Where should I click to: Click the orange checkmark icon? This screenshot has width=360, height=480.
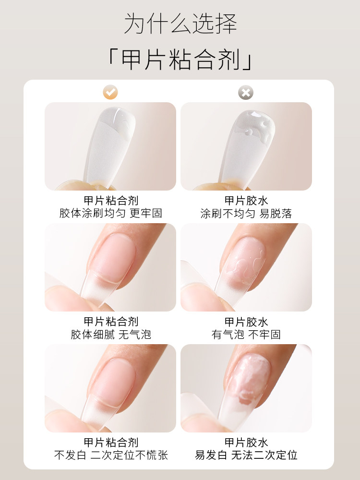pyautogui.click(x=111, y=92)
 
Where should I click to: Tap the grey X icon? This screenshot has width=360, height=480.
pyautogui.click(x=246, y=93)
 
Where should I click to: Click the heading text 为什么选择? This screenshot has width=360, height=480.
pyautogui.click(x=180, y=24)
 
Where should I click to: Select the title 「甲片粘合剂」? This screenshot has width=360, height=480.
pyautogui.click(x=180, y=60)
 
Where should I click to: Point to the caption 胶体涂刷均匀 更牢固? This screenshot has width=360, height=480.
pyautogui.click(x=111, y=213)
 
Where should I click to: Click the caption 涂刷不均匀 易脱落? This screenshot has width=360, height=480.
pyautogui.click(x=246, y=214)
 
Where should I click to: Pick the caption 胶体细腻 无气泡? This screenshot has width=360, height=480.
pyautogui.click(x=111, y=335)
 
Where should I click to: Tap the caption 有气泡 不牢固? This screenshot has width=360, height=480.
pyautogui.click(x=246, y=335)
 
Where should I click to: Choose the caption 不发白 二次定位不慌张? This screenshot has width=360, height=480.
pyautogui.click(x=111, y=455)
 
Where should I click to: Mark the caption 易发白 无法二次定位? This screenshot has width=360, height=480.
pyautogui.click(x=246, y=455)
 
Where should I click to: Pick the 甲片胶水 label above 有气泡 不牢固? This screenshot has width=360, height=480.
pyautogui.click(x=246, y=322)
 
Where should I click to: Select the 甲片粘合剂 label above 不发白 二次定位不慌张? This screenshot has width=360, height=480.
pyautogui.click(x=111, y=442)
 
